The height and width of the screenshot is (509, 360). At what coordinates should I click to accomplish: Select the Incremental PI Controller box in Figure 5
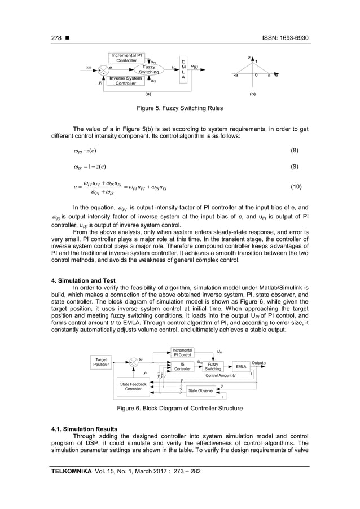pyautogui.click(x=126, y=58)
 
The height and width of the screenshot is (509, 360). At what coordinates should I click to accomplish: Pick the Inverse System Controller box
pyautogui.click(x=125, y=81)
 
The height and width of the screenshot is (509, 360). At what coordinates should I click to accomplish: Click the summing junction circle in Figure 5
pyautogui.click(x=103, y=71)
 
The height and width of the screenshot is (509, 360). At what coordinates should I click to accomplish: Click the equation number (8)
pyautogui.click(x=295, y=151)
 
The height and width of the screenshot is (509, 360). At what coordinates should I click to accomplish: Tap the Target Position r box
pyautogui.click(x=102, y=362)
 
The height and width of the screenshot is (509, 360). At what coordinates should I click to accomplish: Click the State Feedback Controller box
pyautogui.click(x=133, y=387)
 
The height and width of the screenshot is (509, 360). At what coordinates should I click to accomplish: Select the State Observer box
pyautogui.click(x=201, y=390)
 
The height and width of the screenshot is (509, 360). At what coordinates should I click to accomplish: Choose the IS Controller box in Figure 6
pyautogui.click(x=182, y=367)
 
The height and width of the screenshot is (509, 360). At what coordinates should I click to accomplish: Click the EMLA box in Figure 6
pyautogui.click(x=241, y=367)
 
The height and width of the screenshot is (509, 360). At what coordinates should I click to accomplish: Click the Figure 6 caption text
pyautogui.click(x=180, y=408)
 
